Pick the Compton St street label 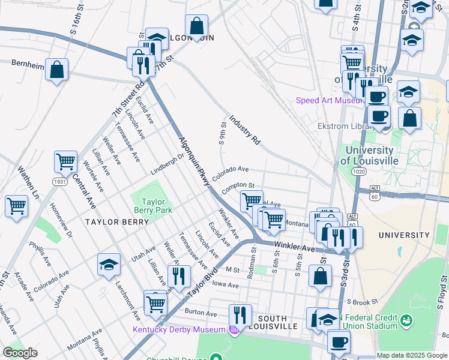(238, 188)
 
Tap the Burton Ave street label (200, 313)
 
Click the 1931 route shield (59, 181)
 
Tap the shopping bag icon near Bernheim (56, 70)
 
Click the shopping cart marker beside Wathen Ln (17, 206)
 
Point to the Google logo (20, 353)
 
